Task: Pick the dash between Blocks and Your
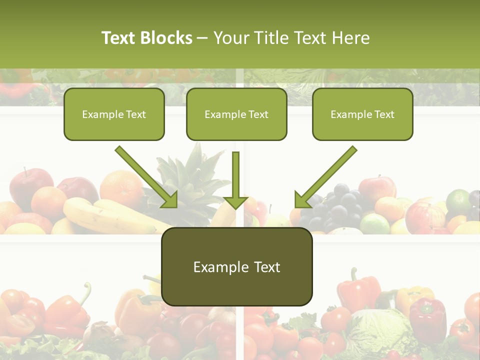pyautogui.click(x=202, y=38)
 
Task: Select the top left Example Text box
pyautogui.click(x=114, y=114)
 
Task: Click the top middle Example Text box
pyautogui.click(x=236, y=114)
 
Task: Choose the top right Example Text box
pyautogui.click(x=362, y=114)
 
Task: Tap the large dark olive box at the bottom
pyautogui.click(x=236, y=266)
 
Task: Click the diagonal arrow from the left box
pyautogui.click(x=146, y=176)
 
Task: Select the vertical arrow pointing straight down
pyautogui.click(x=235, y=180)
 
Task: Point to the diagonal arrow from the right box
pyautogui.click(x=325, y=176)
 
